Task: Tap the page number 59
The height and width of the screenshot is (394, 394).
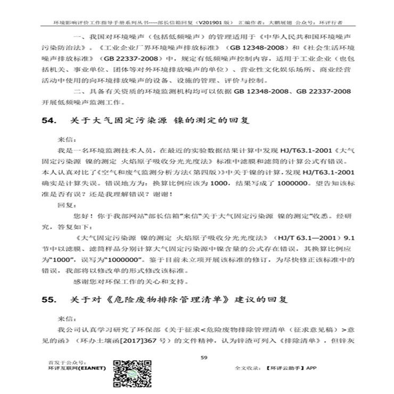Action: tap(203, 357)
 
